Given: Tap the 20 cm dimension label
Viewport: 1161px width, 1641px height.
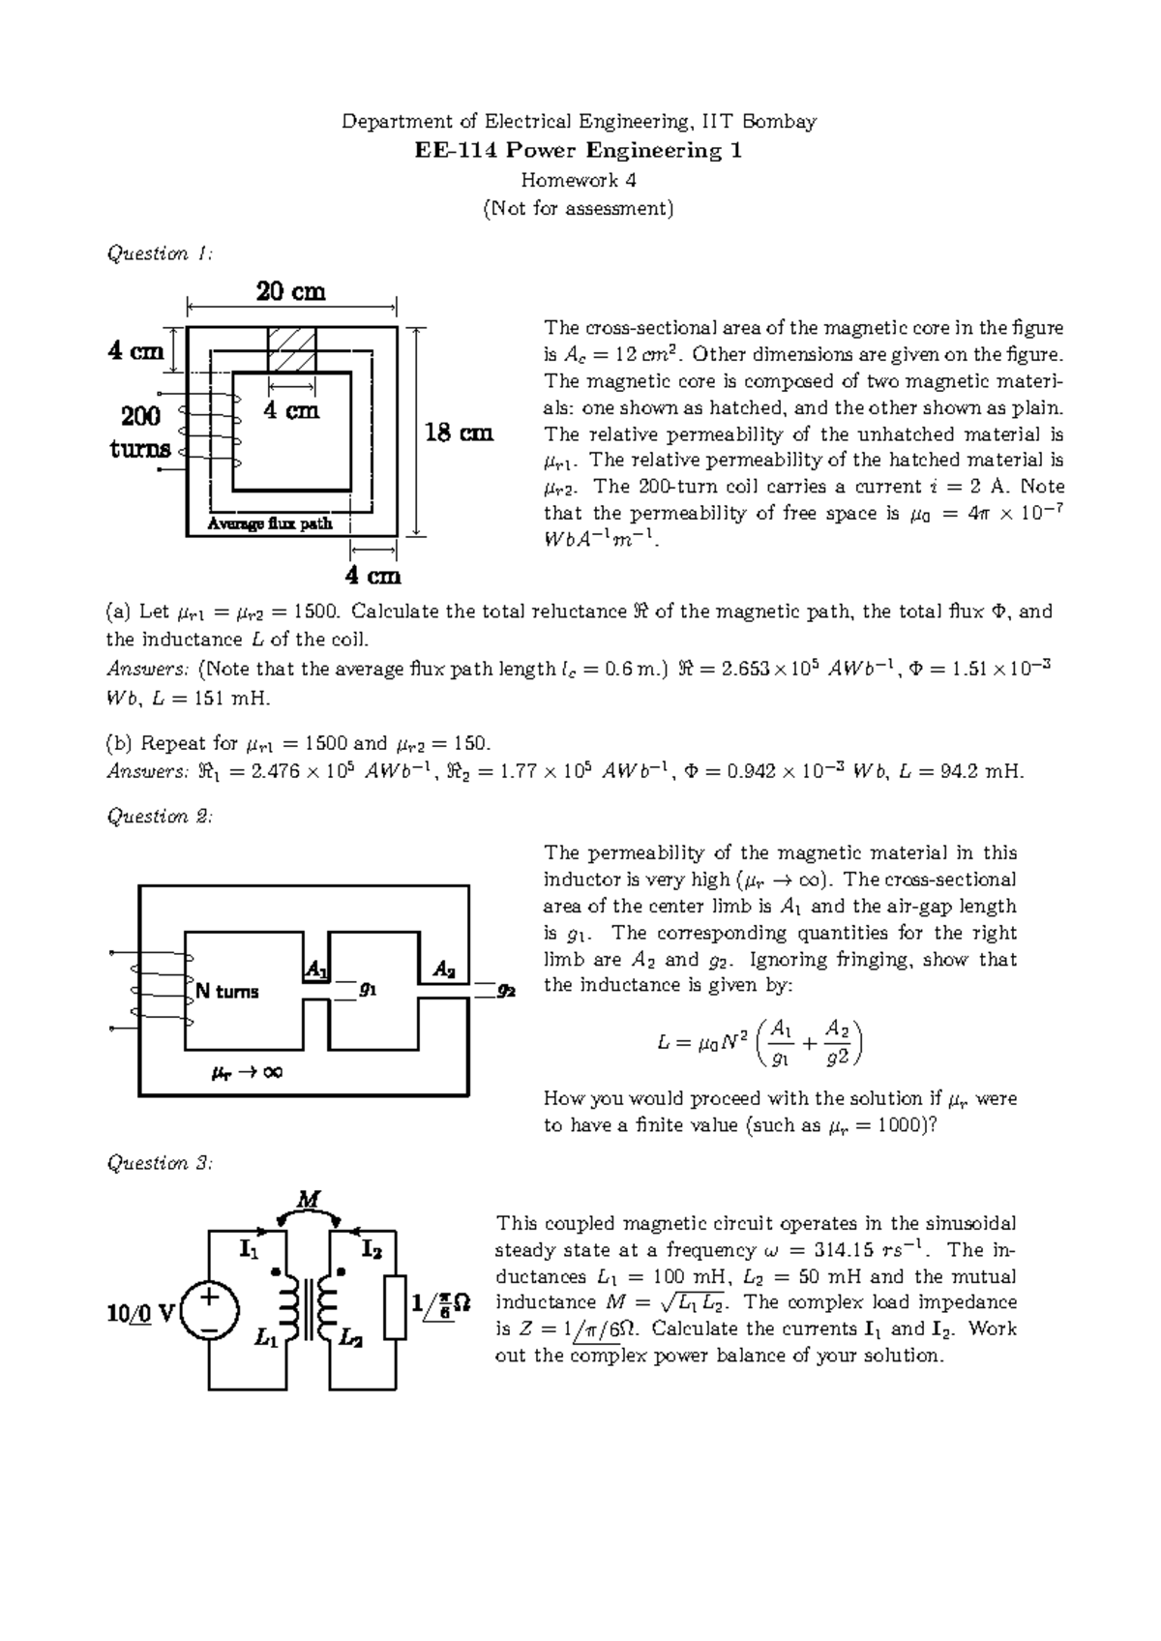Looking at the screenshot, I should [x=290, y=291].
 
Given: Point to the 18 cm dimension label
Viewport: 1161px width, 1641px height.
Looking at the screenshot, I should [x=460, y=433].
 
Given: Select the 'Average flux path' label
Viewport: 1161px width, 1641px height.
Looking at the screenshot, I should [x=270, y=523].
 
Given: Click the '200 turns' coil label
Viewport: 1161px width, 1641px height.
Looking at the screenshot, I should [x=141, y=433].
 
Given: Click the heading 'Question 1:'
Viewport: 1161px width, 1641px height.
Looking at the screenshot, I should [x=158, y=254].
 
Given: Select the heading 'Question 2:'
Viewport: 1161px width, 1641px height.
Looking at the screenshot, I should [x=159, y=817].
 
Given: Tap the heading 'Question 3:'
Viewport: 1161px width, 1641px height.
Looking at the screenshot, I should [x=159, y=1163].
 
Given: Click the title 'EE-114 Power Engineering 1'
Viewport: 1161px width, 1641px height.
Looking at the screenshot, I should [x=579, y=151].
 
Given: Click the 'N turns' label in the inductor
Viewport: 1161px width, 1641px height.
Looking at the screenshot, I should [x=227, y=991].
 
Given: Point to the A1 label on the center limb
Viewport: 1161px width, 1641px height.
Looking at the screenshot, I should [x=315, y=969].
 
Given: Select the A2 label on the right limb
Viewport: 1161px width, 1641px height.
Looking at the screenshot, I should [x=444, y=969].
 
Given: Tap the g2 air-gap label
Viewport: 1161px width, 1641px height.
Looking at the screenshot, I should [x=506, y=990].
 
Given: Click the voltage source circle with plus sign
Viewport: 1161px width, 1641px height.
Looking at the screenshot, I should [x=208, y=1314].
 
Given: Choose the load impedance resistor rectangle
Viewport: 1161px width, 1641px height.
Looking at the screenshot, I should [x=396, y=1307].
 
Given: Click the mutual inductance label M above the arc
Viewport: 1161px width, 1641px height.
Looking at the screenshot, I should [x=308, y=1200].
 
